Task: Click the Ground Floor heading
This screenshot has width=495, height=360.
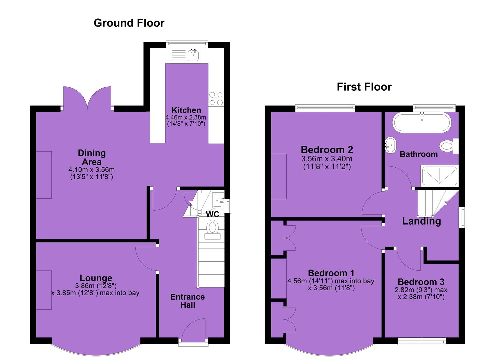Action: (129, 23)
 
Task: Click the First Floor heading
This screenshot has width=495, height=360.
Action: (364, 87)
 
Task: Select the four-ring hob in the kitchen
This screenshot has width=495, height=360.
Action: (216, 99)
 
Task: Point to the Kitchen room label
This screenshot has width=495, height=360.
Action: (186, 110)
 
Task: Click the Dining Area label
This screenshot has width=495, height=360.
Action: (92, 157)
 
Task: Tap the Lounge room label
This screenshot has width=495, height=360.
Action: (96, 278)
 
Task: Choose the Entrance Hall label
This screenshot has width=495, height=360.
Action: (187, 301)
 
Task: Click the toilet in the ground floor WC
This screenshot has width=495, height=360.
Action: (212, 229)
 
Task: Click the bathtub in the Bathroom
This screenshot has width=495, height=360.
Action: (422, 122)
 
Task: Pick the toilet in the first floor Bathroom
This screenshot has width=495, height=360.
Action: (449, 146)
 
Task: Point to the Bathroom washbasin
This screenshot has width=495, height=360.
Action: (391, 145)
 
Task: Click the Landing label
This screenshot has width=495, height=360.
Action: (421, 221)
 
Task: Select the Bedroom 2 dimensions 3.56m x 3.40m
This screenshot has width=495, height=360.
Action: (327, 158)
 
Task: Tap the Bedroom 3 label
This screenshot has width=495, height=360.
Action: (421, 282)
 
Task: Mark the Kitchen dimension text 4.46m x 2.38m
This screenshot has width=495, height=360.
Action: (186, 117)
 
